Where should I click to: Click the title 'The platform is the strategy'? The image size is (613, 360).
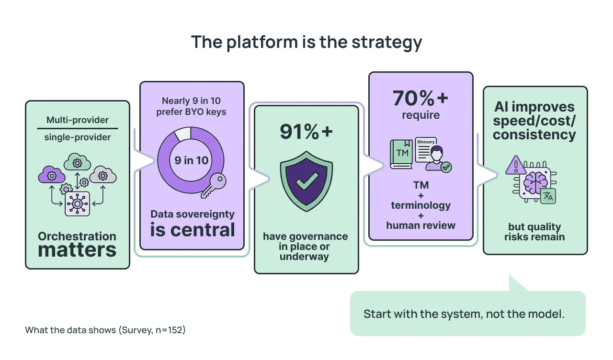coord(306,42)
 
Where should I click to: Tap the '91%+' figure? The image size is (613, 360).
coord(306,132)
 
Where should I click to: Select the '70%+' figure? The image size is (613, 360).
coord(420,98)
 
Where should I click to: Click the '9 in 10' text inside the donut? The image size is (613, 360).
coord(191,160)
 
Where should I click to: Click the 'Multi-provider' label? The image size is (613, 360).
coord(77,120)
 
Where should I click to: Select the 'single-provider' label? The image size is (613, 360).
coord(77,137)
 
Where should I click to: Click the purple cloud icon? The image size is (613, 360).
coord(51,175)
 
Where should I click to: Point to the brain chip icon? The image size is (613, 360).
coord(535,183)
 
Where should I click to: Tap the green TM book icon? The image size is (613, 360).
coord(401,154)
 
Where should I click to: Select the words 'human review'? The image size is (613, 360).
coord(420,225)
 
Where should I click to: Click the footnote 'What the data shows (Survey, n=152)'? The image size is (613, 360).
coord(105,330)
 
